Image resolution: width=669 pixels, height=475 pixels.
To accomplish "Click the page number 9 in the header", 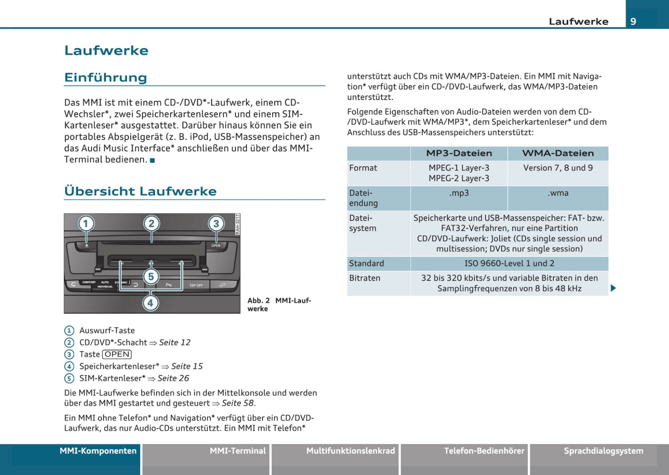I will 633,21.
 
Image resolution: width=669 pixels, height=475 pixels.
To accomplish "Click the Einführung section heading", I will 106,77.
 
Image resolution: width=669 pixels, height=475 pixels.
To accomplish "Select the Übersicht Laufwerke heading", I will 140,191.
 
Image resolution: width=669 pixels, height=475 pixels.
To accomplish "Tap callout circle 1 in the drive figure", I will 86,224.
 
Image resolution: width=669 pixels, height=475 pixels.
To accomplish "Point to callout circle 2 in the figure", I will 151,224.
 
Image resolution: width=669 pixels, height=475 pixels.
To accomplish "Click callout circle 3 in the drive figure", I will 216,224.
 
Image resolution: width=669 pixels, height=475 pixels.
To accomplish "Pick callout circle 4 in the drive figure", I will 150,303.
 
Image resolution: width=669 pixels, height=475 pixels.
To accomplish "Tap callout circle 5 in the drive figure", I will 151,277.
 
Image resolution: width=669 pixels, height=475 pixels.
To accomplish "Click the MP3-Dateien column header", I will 459,153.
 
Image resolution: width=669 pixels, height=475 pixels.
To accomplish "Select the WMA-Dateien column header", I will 558,153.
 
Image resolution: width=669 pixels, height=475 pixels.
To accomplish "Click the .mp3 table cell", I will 459,193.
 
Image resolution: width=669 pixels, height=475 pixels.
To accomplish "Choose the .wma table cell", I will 558,193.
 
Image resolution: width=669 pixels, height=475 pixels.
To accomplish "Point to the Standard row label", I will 367,263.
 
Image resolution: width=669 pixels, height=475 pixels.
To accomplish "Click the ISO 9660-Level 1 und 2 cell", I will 509,263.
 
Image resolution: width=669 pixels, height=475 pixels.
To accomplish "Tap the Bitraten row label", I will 365,278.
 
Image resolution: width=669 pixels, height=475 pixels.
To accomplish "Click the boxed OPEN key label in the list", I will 117,354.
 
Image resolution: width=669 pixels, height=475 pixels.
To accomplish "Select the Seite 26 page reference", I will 173,378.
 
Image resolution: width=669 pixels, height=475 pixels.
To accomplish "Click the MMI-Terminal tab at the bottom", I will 238,451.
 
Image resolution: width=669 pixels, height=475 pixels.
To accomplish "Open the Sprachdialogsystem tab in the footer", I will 603,451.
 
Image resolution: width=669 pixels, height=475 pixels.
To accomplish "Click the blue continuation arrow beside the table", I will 613,288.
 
